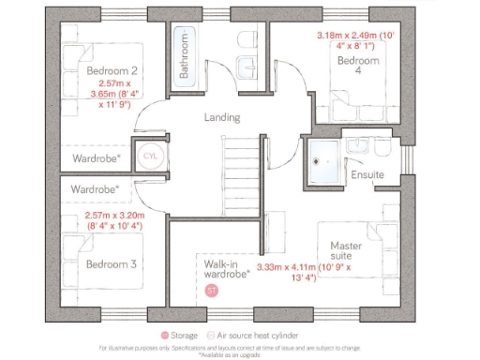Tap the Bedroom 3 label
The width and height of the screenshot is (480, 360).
[112, 264]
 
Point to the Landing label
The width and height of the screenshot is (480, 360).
[222, 118]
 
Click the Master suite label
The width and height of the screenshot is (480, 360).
[346, 252]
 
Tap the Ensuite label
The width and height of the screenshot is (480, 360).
[367, 174]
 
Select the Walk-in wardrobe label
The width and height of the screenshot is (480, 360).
[226, 270]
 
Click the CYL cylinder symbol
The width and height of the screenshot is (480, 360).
[150, 157]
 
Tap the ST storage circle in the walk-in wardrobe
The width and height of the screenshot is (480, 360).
[211, 290]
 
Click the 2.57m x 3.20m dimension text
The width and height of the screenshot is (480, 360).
[112, 221]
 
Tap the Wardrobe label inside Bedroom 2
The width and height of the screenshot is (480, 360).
[97, 158]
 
